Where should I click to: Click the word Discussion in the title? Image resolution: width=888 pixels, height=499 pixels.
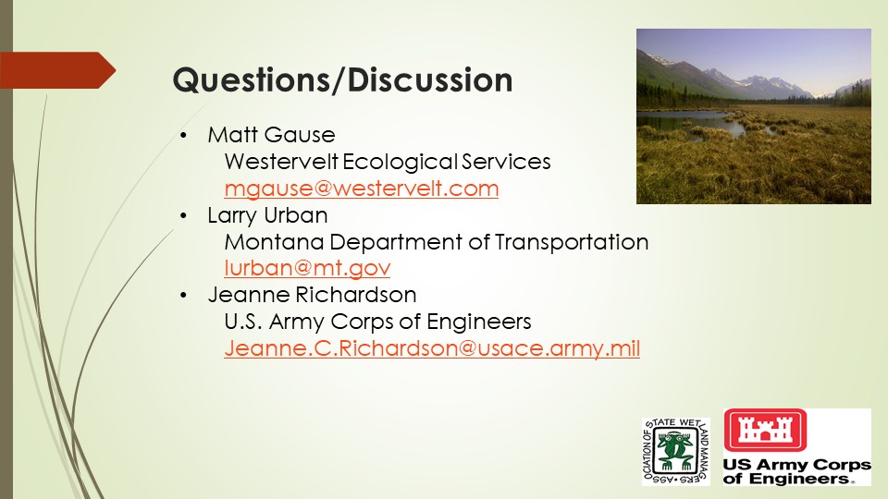coord(430,79)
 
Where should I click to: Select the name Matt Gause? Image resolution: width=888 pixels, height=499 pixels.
coord(271,135)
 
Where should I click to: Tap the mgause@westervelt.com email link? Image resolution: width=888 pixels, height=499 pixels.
coord(362,189)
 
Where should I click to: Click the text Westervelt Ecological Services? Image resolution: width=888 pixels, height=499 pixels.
coord(388,162)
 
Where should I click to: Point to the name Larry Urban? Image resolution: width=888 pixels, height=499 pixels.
coord(267,215)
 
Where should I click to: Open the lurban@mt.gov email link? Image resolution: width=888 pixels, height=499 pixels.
coord(307,268)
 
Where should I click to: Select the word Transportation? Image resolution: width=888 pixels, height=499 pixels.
coord(572,242)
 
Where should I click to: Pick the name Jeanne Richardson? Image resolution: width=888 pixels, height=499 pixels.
coord(312,295)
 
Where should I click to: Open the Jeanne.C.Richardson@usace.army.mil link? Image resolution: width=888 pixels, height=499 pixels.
coord(432,348)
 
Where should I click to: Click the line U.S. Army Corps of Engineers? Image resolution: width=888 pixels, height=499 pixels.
coord(377,322)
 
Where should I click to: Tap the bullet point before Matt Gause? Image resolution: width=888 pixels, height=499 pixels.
coord(183,135)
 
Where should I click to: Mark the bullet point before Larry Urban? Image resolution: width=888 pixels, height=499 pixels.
coord(183,215)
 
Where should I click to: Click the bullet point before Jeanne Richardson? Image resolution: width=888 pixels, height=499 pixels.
coord(183,296)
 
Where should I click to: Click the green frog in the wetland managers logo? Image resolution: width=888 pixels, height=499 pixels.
coord(674,450)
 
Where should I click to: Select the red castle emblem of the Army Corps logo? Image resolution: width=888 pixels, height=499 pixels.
coord(765,430)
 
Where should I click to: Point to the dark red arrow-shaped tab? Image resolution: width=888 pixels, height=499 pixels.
coord(57,70)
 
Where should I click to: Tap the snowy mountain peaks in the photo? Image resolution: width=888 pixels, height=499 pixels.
coord(753,79)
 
